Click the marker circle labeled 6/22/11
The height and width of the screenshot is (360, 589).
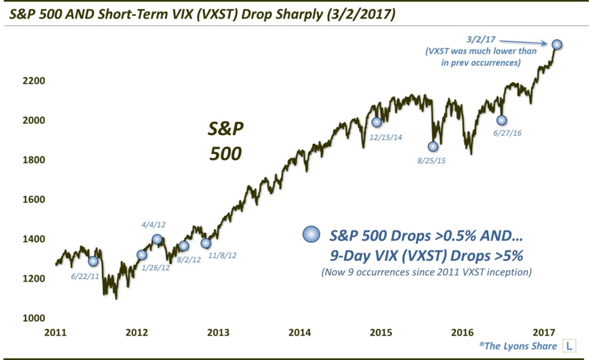(93, 261)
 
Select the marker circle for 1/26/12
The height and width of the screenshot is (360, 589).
(142, 255)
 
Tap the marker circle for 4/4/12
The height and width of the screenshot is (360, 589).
(157, 239)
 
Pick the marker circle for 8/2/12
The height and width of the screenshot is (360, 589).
(183, 246)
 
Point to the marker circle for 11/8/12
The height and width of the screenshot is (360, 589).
(206, 243)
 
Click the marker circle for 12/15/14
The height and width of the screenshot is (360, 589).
(377, 122)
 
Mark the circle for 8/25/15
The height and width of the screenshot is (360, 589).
(433, 147)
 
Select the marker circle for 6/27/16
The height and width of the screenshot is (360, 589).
(502, 120)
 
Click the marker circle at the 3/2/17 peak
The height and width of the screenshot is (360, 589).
(557, 44)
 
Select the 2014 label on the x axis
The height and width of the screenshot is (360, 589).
(300, 332)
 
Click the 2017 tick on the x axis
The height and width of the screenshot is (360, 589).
(544, 332)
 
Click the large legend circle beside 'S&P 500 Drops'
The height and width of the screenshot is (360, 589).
(311, 235)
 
